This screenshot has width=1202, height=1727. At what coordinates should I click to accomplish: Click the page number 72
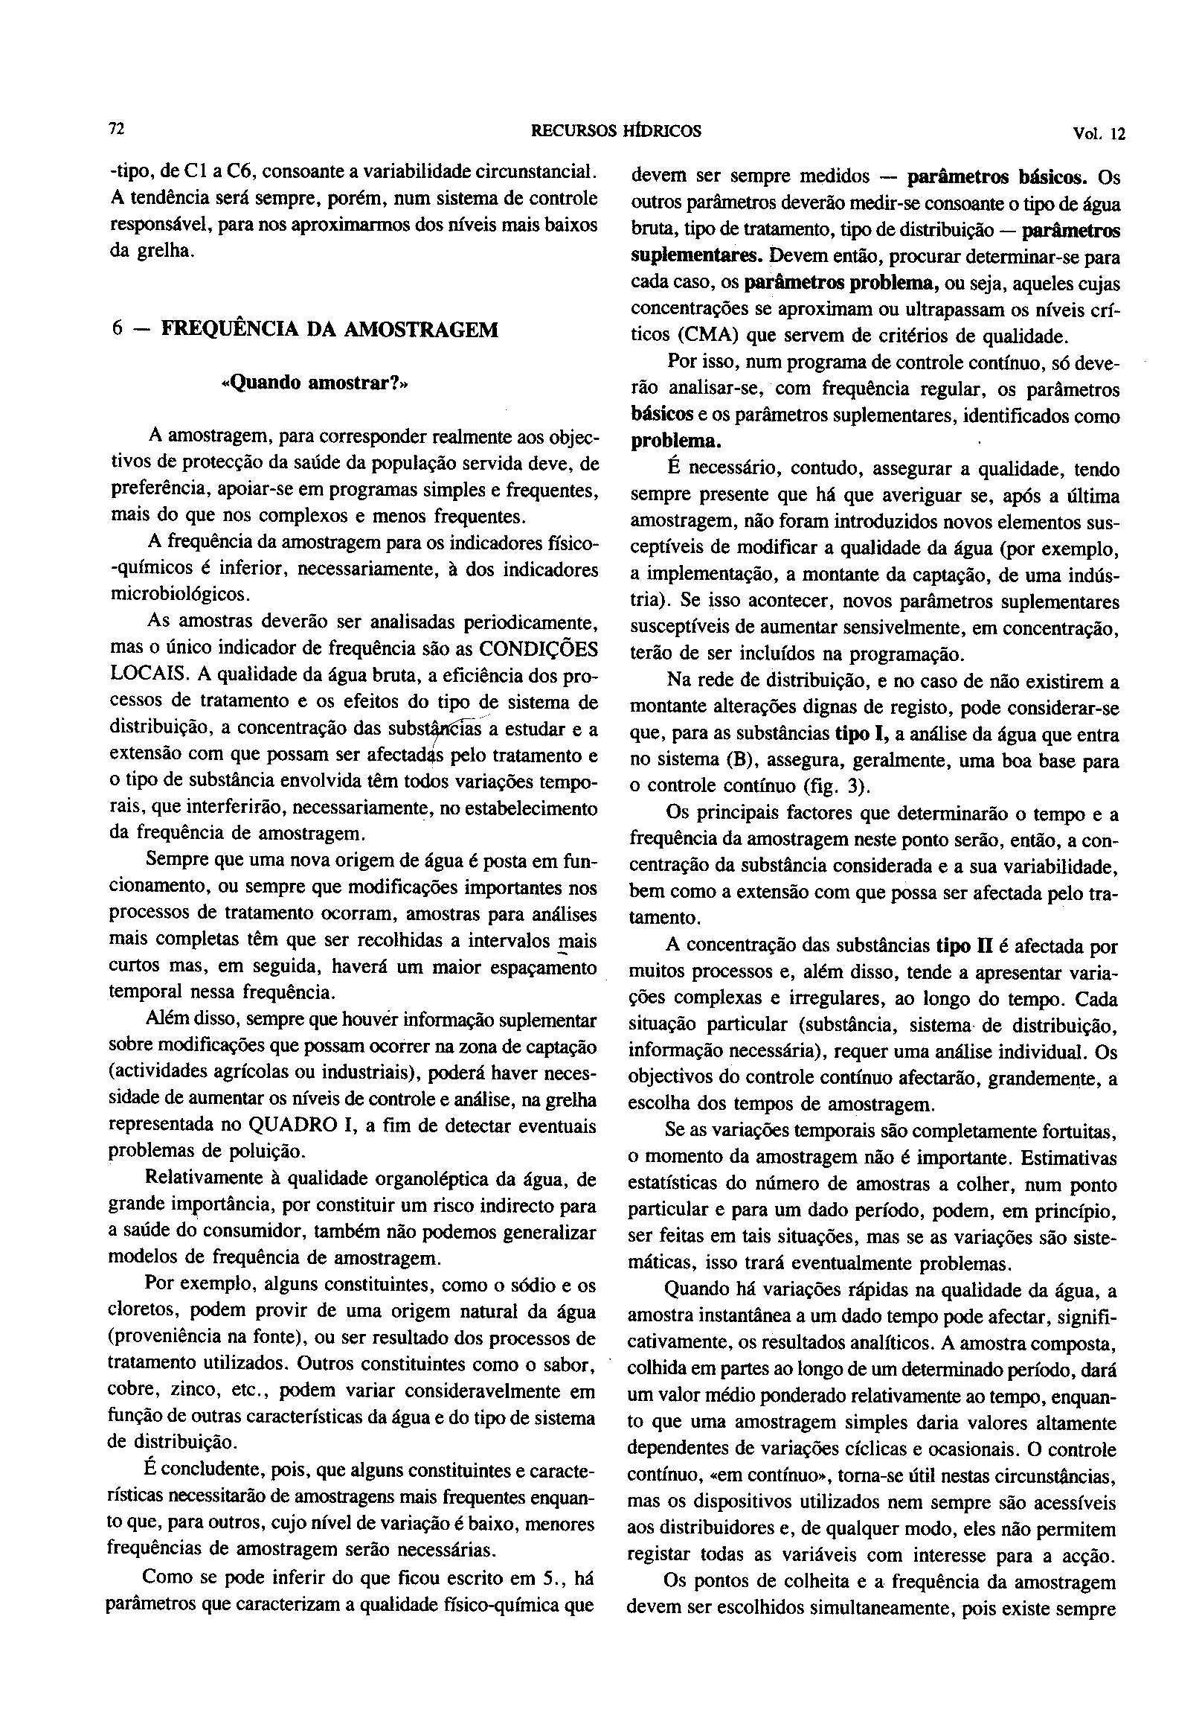(117, 130)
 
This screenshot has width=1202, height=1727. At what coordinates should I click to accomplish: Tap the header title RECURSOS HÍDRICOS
(616, 131)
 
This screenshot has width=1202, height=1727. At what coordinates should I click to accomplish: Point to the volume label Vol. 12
(1099, 133)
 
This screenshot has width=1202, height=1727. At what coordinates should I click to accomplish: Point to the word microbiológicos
(179, 594)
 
